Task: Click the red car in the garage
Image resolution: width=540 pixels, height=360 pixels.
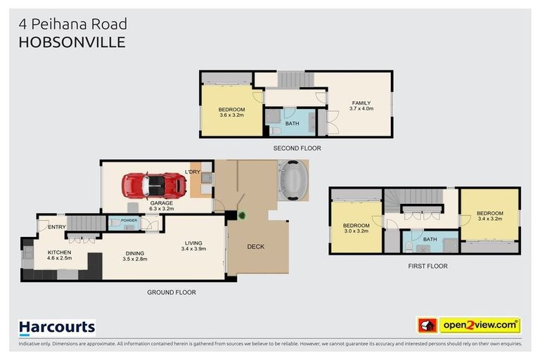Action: coord(154,186)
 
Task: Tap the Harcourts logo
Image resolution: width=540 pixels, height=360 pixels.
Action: coord(56,327)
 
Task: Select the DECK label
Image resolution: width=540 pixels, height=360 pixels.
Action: coord(256,247)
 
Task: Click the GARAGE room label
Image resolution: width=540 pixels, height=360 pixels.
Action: coord(161,202)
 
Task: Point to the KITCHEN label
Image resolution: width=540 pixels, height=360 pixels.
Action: coord(60,252)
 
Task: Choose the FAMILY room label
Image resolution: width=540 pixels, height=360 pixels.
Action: coord(361,103)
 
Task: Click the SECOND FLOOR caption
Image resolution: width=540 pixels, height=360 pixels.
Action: coord(297,149)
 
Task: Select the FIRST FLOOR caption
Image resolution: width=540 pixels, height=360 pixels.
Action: coord(427,266)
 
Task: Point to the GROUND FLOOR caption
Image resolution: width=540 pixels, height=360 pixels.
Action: coord(171,292)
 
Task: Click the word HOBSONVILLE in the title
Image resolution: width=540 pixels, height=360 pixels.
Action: coord(72,42)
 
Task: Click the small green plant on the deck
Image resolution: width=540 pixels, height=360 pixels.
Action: coord(241,215)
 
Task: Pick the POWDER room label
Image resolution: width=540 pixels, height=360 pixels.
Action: coord(129,220)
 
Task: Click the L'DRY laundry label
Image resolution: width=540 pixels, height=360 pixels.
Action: coord(193,172)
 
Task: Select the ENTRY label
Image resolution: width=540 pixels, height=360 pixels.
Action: coord(57,226)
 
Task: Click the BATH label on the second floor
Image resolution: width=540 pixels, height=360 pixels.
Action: coord(292,124)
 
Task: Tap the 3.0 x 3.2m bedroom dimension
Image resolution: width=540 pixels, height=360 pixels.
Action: coord(356,230)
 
